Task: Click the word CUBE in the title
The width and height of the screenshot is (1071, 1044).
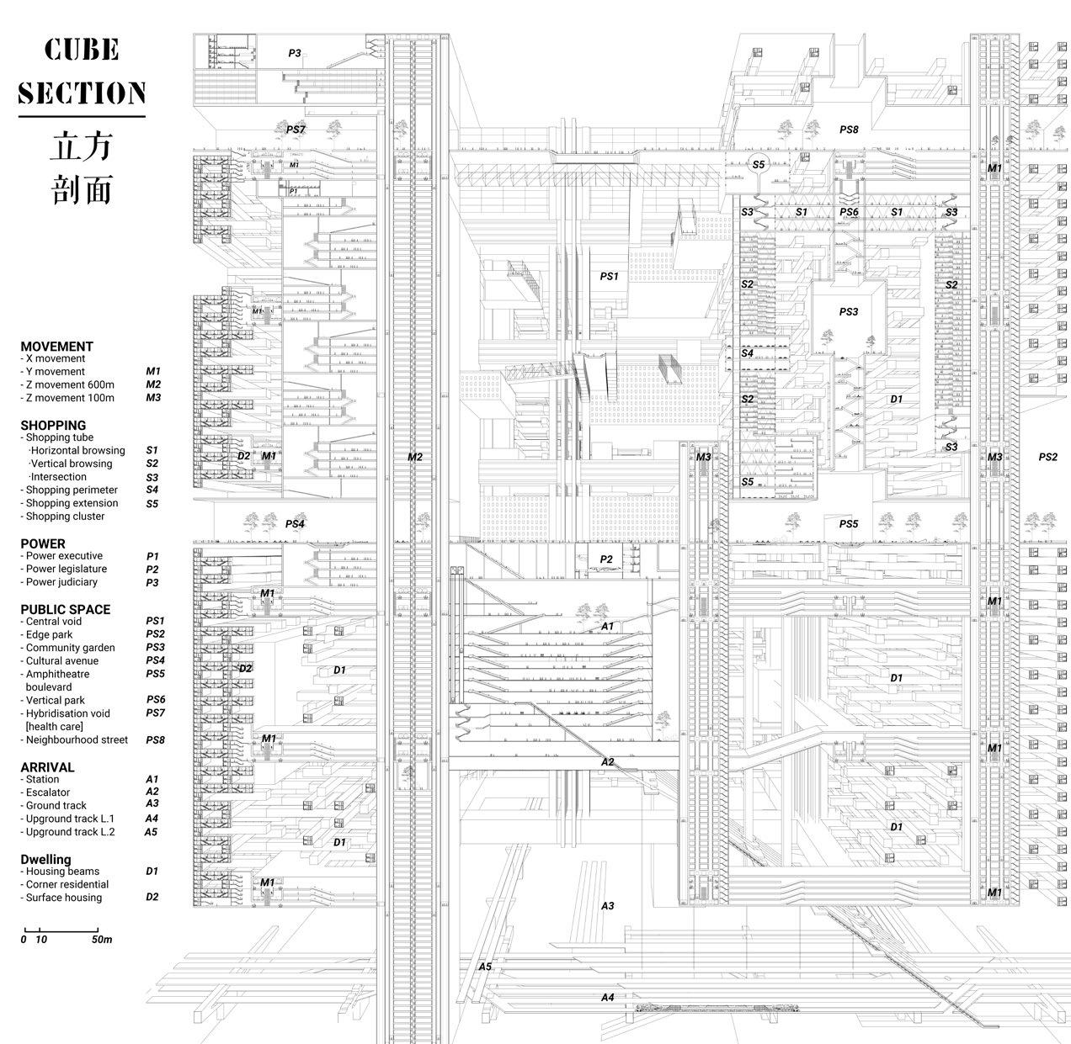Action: (82, 50)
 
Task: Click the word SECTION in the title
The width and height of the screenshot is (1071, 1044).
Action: (82, 93)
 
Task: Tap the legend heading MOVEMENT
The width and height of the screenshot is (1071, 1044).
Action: (56, 346)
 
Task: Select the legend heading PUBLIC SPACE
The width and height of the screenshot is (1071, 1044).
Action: (65, 609)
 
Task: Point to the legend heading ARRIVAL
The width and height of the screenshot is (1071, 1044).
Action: (47, 767)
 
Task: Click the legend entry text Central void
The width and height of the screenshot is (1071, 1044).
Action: (54, 622)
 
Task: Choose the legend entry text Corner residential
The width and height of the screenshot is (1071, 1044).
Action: (67, 884)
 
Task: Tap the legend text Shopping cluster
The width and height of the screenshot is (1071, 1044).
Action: (65, 517)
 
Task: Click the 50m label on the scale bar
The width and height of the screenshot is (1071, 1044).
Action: (102, 940)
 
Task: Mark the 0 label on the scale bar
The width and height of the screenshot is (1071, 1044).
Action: (24, 940)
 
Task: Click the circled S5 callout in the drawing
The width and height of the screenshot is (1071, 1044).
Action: (759, 165)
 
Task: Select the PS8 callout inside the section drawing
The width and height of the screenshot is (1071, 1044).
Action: (849, 130)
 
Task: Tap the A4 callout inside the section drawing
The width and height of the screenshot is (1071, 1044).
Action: (608, 997)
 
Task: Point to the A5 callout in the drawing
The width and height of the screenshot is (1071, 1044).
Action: (485, 967)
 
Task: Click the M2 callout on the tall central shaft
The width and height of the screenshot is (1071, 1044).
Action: (414, 457)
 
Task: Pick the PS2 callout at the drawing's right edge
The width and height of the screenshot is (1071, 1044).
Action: (1047, 457)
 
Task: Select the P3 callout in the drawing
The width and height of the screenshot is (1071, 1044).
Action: (294, 54)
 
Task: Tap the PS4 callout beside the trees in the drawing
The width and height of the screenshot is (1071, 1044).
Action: (294, 523)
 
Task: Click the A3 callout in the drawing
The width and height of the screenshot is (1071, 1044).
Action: (607, 906)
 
